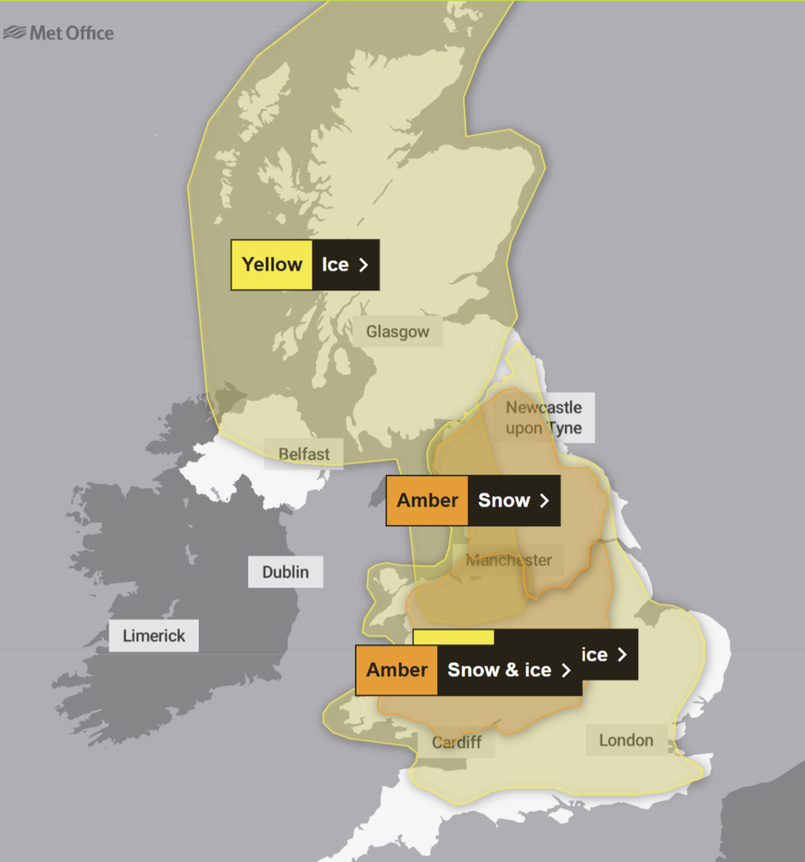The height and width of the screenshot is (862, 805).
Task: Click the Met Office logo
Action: pos(59,33)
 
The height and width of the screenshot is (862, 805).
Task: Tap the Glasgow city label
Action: pos(398,332)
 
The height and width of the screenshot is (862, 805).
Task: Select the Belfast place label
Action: pos(304,454)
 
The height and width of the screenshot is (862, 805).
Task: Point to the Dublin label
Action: pos(286,572)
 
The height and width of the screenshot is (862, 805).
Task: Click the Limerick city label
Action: pos(154,636)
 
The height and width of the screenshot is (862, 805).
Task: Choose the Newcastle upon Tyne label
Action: pos(544,417)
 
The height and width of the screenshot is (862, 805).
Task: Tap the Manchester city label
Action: pos(508,560)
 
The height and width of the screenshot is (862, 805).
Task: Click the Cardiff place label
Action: pos(457,742)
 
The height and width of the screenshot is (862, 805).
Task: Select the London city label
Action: pos(626,740)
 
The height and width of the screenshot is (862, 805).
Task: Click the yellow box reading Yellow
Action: pos(272,265)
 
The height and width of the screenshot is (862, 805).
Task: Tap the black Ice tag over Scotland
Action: pos(335,265)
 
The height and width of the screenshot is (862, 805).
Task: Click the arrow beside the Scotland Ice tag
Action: pos(364,265)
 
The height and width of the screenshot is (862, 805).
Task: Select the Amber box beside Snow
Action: pos(427,500)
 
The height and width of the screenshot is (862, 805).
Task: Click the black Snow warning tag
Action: pos(504,500)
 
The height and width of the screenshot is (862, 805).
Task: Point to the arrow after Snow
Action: pos(544,500)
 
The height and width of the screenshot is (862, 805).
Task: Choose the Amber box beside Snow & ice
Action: pos(397,670)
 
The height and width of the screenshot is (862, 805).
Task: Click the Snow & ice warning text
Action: pos(499,670)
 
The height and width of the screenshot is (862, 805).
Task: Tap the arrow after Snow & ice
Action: pos(566,670)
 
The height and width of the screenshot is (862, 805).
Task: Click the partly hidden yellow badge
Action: pos(453,638)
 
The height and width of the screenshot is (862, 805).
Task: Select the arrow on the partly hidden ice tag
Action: pos(623,654)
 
